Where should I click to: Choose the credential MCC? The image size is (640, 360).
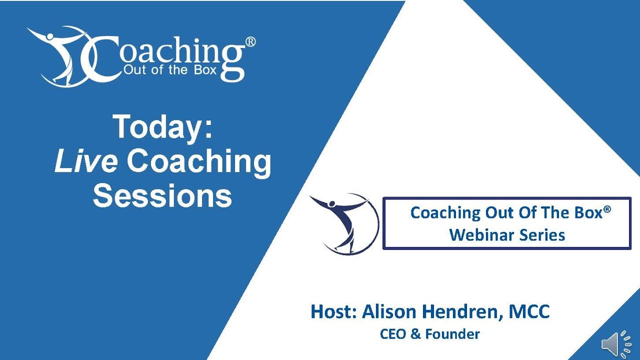tap(529, 311)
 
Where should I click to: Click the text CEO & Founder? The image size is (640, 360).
tap(429, 334)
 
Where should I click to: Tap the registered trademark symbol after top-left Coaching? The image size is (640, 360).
tap(250, 42)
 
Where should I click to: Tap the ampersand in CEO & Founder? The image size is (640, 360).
tap(415, 334)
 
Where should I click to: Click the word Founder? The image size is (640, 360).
tap(452, 334)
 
